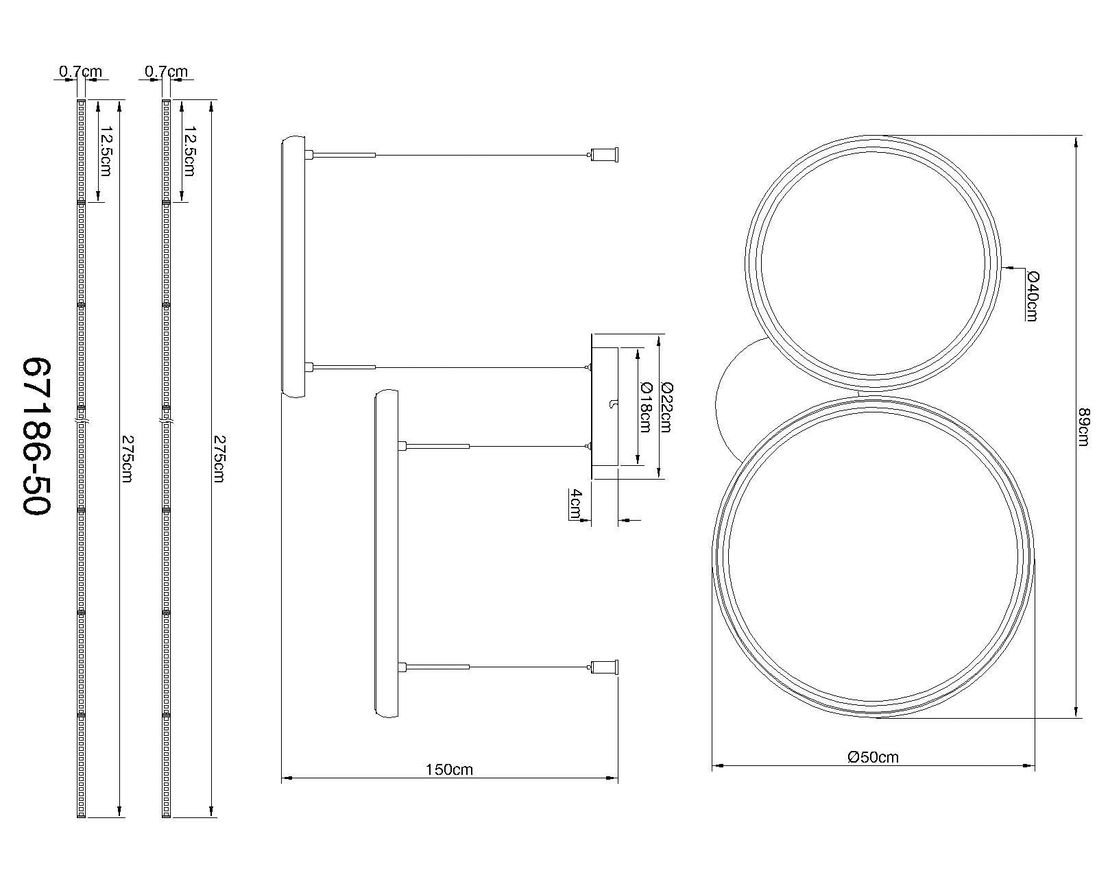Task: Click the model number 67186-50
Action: pyautogui.click(x=37, y=436)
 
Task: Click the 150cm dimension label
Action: pyautogui.click(x=449, y=769)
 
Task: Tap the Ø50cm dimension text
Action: pyautogui.click(x=873, y=757)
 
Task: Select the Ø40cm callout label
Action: pyautogui.click(x=1033, y=295)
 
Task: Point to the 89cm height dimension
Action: pyautogui.click(x=1083, y=427)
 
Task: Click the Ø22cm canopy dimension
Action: pyautogui.click(x=665, y=406)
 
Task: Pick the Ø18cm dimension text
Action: pyautogui.click(x=644, y=406)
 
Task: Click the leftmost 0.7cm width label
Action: pyautogui.click(x=80, y=71)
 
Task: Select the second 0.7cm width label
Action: pyautogui.click(x=166, y=71)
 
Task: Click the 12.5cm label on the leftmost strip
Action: pyautogui.click(x=107, y=151)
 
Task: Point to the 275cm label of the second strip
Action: pyautogui.click(x=219, y=458)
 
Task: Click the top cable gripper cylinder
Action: pyautogui.click(x=605, y=156)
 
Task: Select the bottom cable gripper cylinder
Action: pyautogui.click(x=605, y=666)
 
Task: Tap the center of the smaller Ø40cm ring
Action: pyautogui.click(x=873, y=264)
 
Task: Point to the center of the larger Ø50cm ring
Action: pyautogui.click(x=873, y=556)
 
